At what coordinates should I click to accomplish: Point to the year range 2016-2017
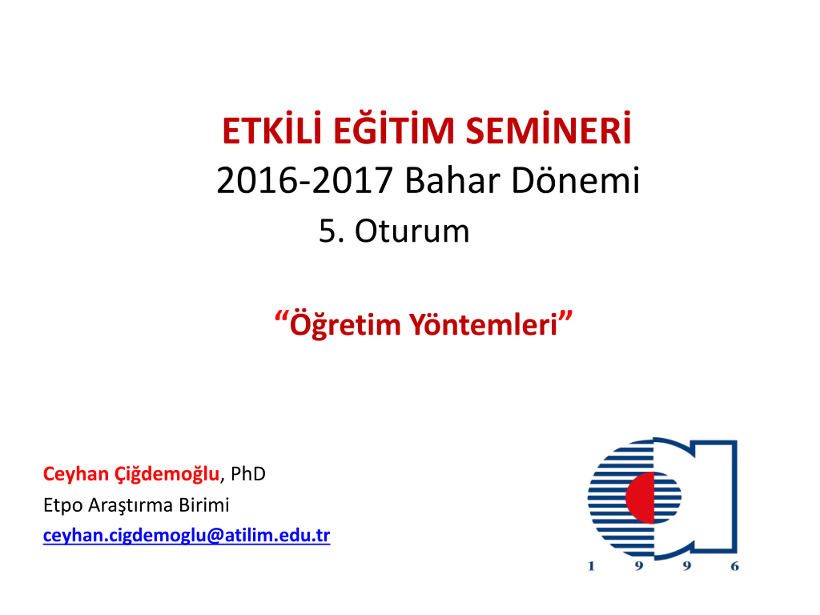click(x=304, y=181)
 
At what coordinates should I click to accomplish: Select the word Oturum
click(x=412, y=231)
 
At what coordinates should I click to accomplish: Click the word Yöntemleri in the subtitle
click(x=483, y=323)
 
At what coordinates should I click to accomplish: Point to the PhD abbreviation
click(x=248, y=474)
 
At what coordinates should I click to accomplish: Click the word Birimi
click(x=204, y=505)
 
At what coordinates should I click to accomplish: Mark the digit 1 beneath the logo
click(x=591, y=566)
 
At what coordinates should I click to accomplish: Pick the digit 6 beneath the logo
click(x=735, y=566)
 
